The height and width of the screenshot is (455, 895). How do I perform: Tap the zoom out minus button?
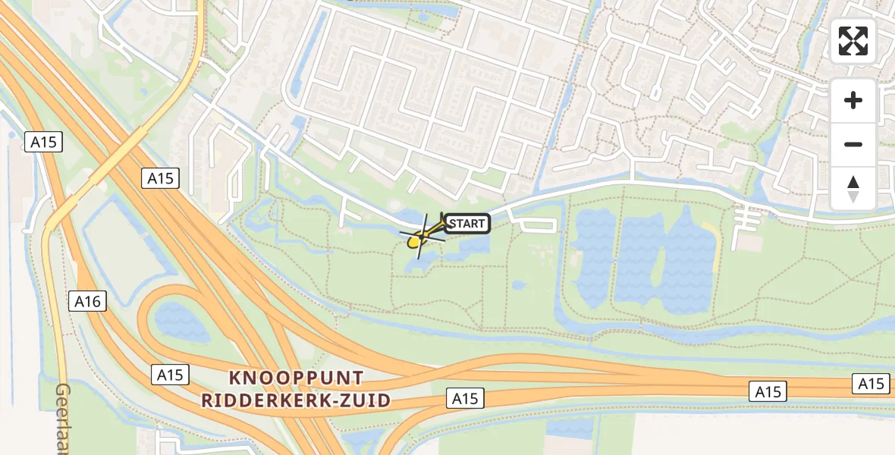[853, 144]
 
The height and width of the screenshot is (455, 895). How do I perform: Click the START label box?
[467, 223]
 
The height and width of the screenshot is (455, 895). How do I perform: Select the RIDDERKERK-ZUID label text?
[296, 400]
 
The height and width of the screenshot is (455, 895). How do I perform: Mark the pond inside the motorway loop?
[181, 322]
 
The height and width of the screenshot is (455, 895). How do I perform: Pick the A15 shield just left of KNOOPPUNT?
[170, 374]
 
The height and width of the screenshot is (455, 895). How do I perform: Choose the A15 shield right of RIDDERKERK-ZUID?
[465, 399]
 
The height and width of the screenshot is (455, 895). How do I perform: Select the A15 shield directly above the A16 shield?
[43, 142]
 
